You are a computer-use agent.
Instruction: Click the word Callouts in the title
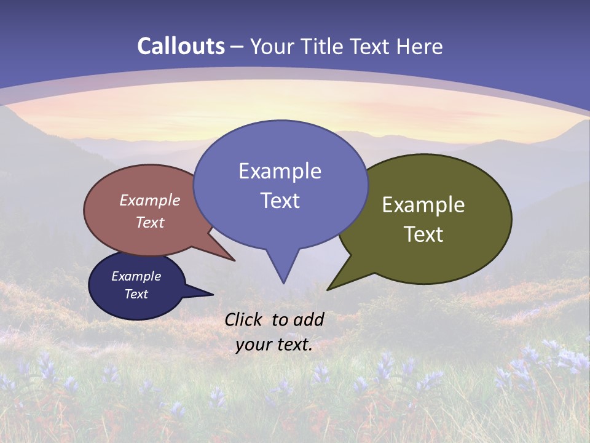(x=181, y=46)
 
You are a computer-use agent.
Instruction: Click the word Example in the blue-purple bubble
(x=280, y=171)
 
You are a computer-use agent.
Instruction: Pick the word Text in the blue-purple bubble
(x=280, y=201)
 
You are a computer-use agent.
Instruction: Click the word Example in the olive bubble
(x=423, y=205)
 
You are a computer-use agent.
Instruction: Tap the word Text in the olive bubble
(x=423, y=234)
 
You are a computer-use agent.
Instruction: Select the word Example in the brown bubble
(x=150, y=200)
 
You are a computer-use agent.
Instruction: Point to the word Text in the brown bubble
(x=150, y=222)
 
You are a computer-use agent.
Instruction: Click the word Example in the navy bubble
(x=136, y=276)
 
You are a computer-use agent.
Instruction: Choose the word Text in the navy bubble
(x=136, y=294)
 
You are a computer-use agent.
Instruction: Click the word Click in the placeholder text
(x=244, y=319)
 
